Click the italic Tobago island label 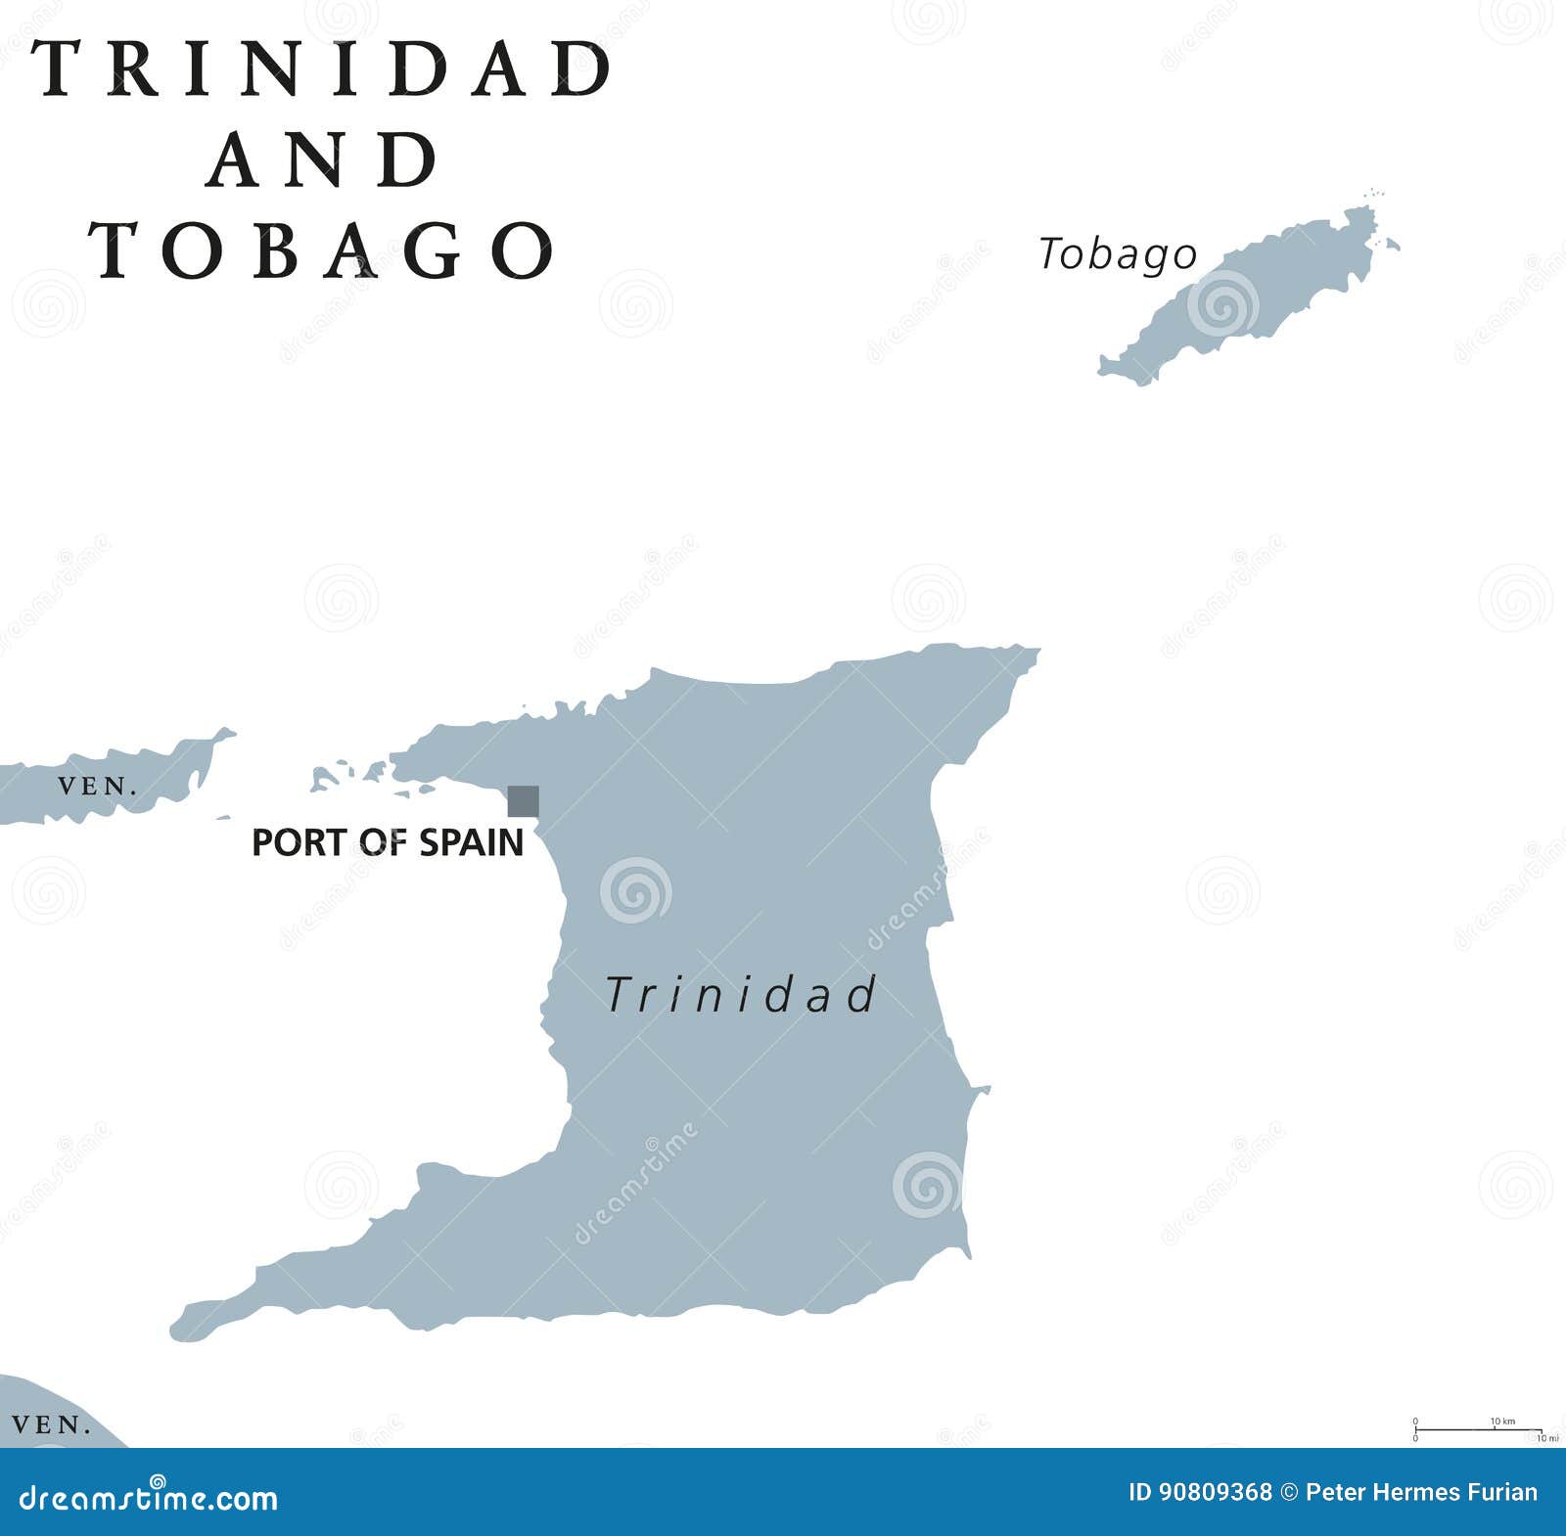point(1117,254)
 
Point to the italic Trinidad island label point(741,995)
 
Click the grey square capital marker point(523,801)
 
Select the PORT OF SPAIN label point(388,842)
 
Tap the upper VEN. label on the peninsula point(96,787)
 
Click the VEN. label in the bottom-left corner point(52,1425)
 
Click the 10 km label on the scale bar point(1502,1422)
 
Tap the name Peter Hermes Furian point(1421,1493)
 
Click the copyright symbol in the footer point(1289,1493)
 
